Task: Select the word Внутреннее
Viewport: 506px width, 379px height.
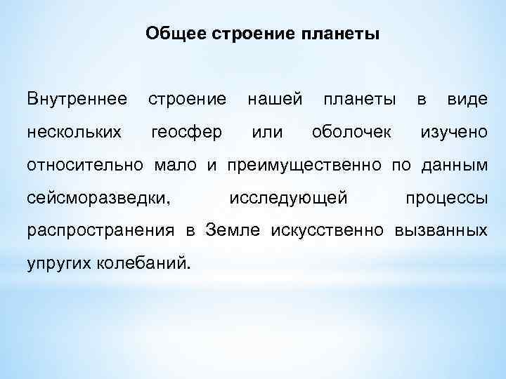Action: (x=77, y=99)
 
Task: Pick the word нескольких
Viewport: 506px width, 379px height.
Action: (x=73, y=132)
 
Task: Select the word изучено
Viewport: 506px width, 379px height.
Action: (x=453, y=132)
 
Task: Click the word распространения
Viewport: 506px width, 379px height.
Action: (x=100, y=231)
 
